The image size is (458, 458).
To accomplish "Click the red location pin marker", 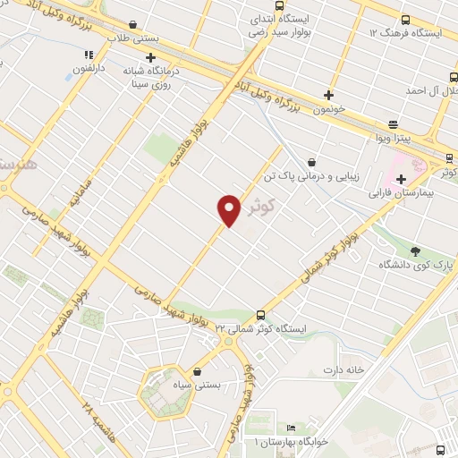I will tap(230, 209).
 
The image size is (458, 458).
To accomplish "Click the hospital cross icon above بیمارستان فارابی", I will tap(401, 180).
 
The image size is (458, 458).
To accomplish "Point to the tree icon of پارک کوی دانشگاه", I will tap(415, 250).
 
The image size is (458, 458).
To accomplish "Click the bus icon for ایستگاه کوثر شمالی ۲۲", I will tap(260, 315).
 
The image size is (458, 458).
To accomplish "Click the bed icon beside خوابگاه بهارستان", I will tap(290, 428).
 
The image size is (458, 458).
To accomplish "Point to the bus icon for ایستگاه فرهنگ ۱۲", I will tap(404, 20).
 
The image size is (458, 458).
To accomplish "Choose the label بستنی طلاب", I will tap(132, 38).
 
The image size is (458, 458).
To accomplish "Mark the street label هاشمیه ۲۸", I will tap(99, 420).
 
